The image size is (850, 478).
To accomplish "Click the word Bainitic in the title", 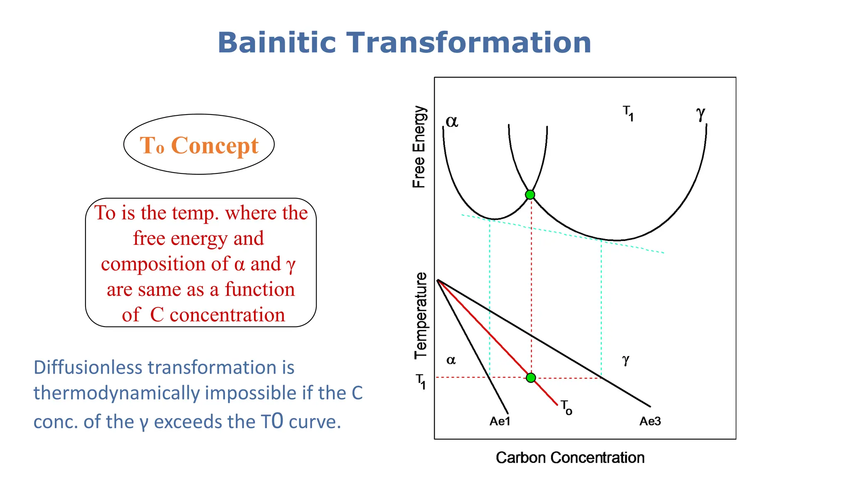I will (x=276, y=43).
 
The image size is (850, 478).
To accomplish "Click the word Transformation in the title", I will (x=469, y=43).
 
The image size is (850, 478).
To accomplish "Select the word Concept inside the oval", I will (x=215, y=146).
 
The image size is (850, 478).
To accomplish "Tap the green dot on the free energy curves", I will (x=530, y=195).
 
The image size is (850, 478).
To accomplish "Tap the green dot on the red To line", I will (x=531, y=378).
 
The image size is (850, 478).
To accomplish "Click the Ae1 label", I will (x=500, y=422).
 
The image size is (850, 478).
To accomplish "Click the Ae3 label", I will (x=650, y=422).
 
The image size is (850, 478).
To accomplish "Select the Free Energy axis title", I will (x=419, y=147).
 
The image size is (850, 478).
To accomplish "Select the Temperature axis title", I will (x=420, y=315).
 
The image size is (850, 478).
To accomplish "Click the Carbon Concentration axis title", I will (x=570, y=458).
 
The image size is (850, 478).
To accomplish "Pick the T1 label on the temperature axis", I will (x=421, y=381).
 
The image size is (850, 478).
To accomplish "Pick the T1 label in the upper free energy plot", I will (x=628, y=113).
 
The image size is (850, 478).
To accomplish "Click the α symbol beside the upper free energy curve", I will (x=452, y=121).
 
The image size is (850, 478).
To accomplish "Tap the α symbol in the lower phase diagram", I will (x=451, y=360).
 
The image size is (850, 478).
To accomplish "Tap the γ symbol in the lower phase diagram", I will (x=626, y=360).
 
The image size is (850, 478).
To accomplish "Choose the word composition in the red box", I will (x=164, y=264).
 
